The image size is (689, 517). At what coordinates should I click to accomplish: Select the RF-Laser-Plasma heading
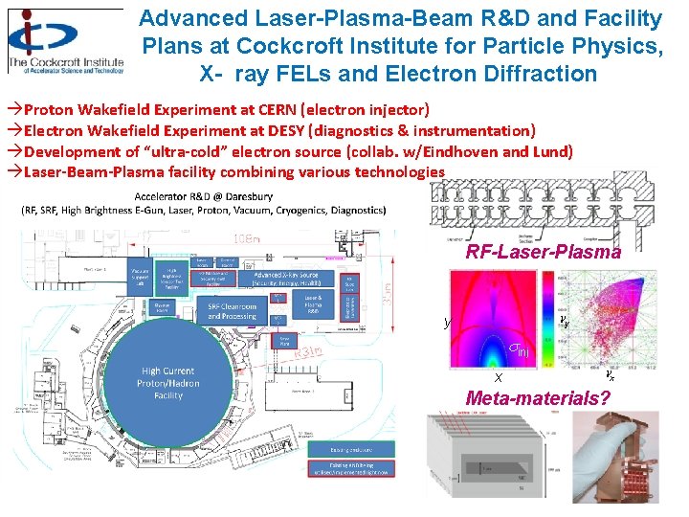coord(544,253)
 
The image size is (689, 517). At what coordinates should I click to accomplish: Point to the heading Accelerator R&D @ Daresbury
coord(203,196)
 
